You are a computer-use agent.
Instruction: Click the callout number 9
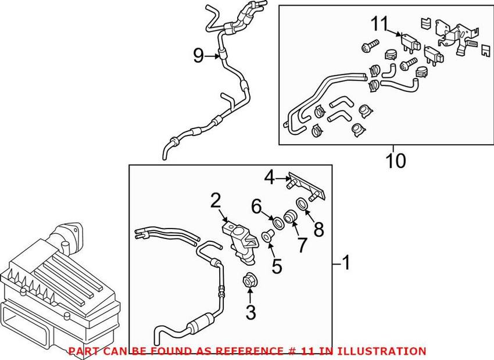click(x=199, y=56)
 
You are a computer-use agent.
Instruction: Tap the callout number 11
click(x=379, y=24)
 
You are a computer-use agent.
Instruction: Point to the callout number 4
click(x=269, y=176)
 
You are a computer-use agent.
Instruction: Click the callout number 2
click(x=216, y=201)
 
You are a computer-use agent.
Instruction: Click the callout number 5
click(x=277, y=266)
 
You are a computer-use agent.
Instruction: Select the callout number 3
click(x=250, y=313)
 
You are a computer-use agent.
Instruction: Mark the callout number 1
click(x=346, y=264)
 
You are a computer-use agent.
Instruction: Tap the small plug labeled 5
click(x=267, y=236)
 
